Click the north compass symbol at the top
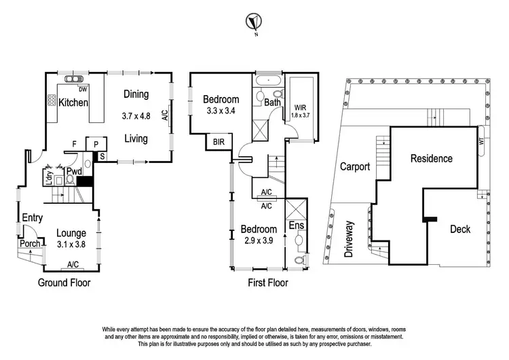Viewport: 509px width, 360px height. tap(253, 21)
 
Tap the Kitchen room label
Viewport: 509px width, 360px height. tap(74, 103)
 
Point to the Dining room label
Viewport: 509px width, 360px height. tap(136, 94)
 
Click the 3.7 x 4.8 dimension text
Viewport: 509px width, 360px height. tap(136, 116)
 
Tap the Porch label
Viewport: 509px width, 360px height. tap(29, 244)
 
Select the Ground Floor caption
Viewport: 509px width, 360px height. tap(64, 283)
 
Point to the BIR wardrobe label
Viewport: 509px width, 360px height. tap(219, 143)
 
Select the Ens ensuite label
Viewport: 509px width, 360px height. tap(297, 225)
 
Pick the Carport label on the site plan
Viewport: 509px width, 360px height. tap(354, 166)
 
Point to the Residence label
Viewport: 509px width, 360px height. tap(431, 158)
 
